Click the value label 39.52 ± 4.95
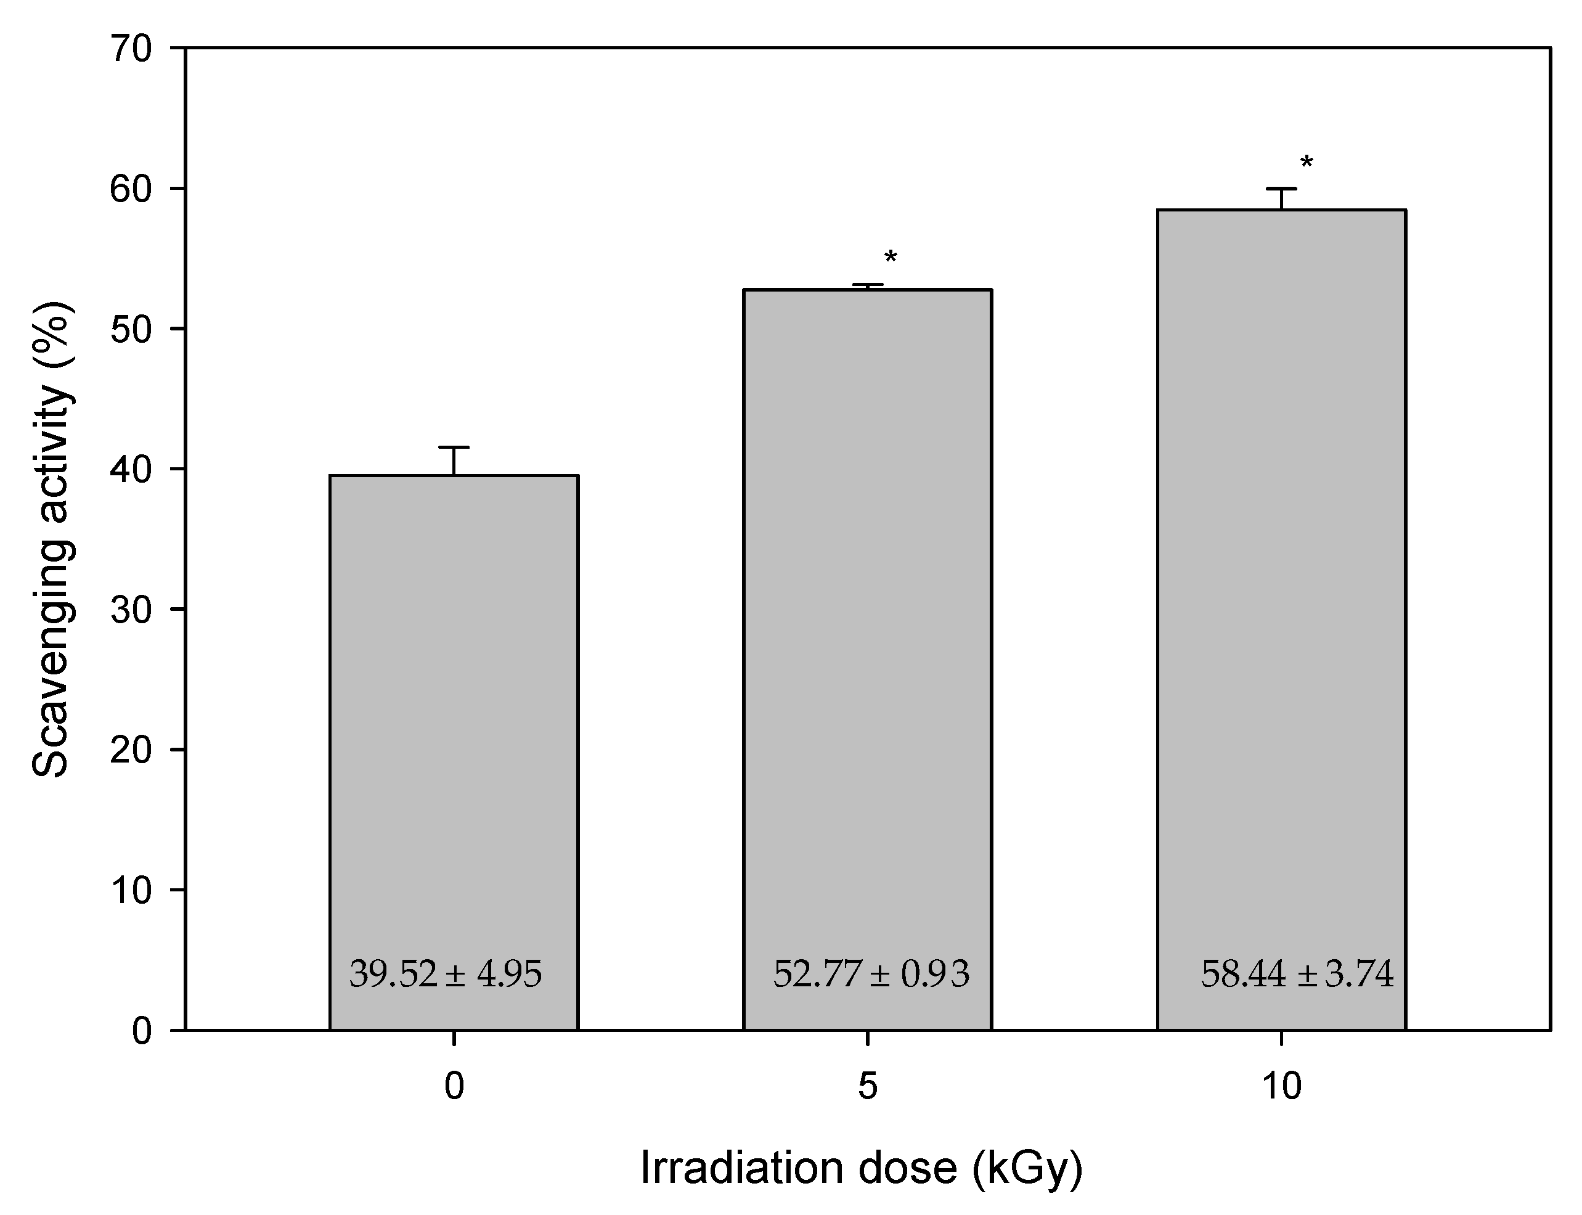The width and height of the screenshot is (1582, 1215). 446,974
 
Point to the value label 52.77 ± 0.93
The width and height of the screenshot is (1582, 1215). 871,974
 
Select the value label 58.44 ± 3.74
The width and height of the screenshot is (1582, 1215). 1297,974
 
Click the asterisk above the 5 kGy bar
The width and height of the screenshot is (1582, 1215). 890,258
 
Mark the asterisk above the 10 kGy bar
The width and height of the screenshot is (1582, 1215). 1307,163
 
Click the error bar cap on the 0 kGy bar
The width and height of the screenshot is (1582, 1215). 454,448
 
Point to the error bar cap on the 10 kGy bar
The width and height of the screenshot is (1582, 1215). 1281,189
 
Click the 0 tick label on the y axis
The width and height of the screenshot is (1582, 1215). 142,1031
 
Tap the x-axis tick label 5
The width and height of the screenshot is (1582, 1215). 867,1086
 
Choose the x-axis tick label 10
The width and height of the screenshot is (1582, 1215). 1281,1086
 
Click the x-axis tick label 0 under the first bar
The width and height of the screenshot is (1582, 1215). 454,1086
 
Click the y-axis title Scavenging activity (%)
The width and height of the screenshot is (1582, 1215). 52,539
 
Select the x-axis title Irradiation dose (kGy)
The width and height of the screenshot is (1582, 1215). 860,1168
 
